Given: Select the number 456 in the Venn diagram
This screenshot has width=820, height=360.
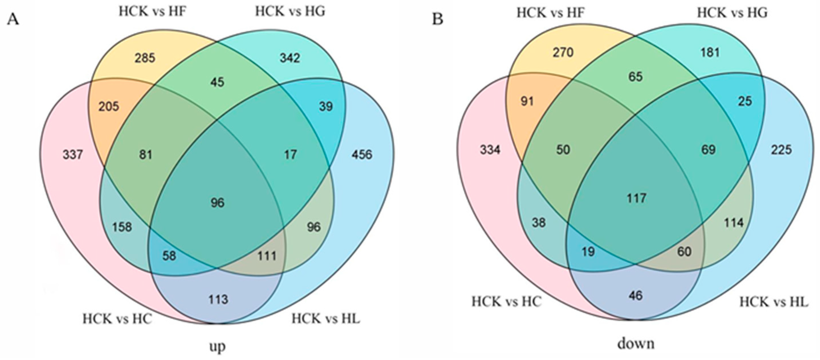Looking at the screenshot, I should pyautogui.click(x=362, y=155).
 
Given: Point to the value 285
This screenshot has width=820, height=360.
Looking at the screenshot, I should pyautogui.click(x=145, y=58).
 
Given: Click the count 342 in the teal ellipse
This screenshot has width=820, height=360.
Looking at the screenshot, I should pyautogui.click(x=290, y=58).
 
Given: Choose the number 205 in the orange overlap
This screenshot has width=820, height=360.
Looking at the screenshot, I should pyautogui.click(x=109, y=106).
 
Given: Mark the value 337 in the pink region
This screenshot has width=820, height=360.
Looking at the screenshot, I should pyautogui.click(x=73, y=155).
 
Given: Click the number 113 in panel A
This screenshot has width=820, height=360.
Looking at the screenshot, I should pyautogui.click(x=218, y=300).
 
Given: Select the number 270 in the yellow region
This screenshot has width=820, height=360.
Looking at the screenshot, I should pyautogui.click(x=563, y=52).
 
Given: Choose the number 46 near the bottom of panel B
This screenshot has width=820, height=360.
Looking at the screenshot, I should pyautogui.click(x=636, y=296).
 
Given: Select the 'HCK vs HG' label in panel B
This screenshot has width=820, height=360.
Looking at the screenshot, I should pyautogui.click(x=732, y=13).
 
